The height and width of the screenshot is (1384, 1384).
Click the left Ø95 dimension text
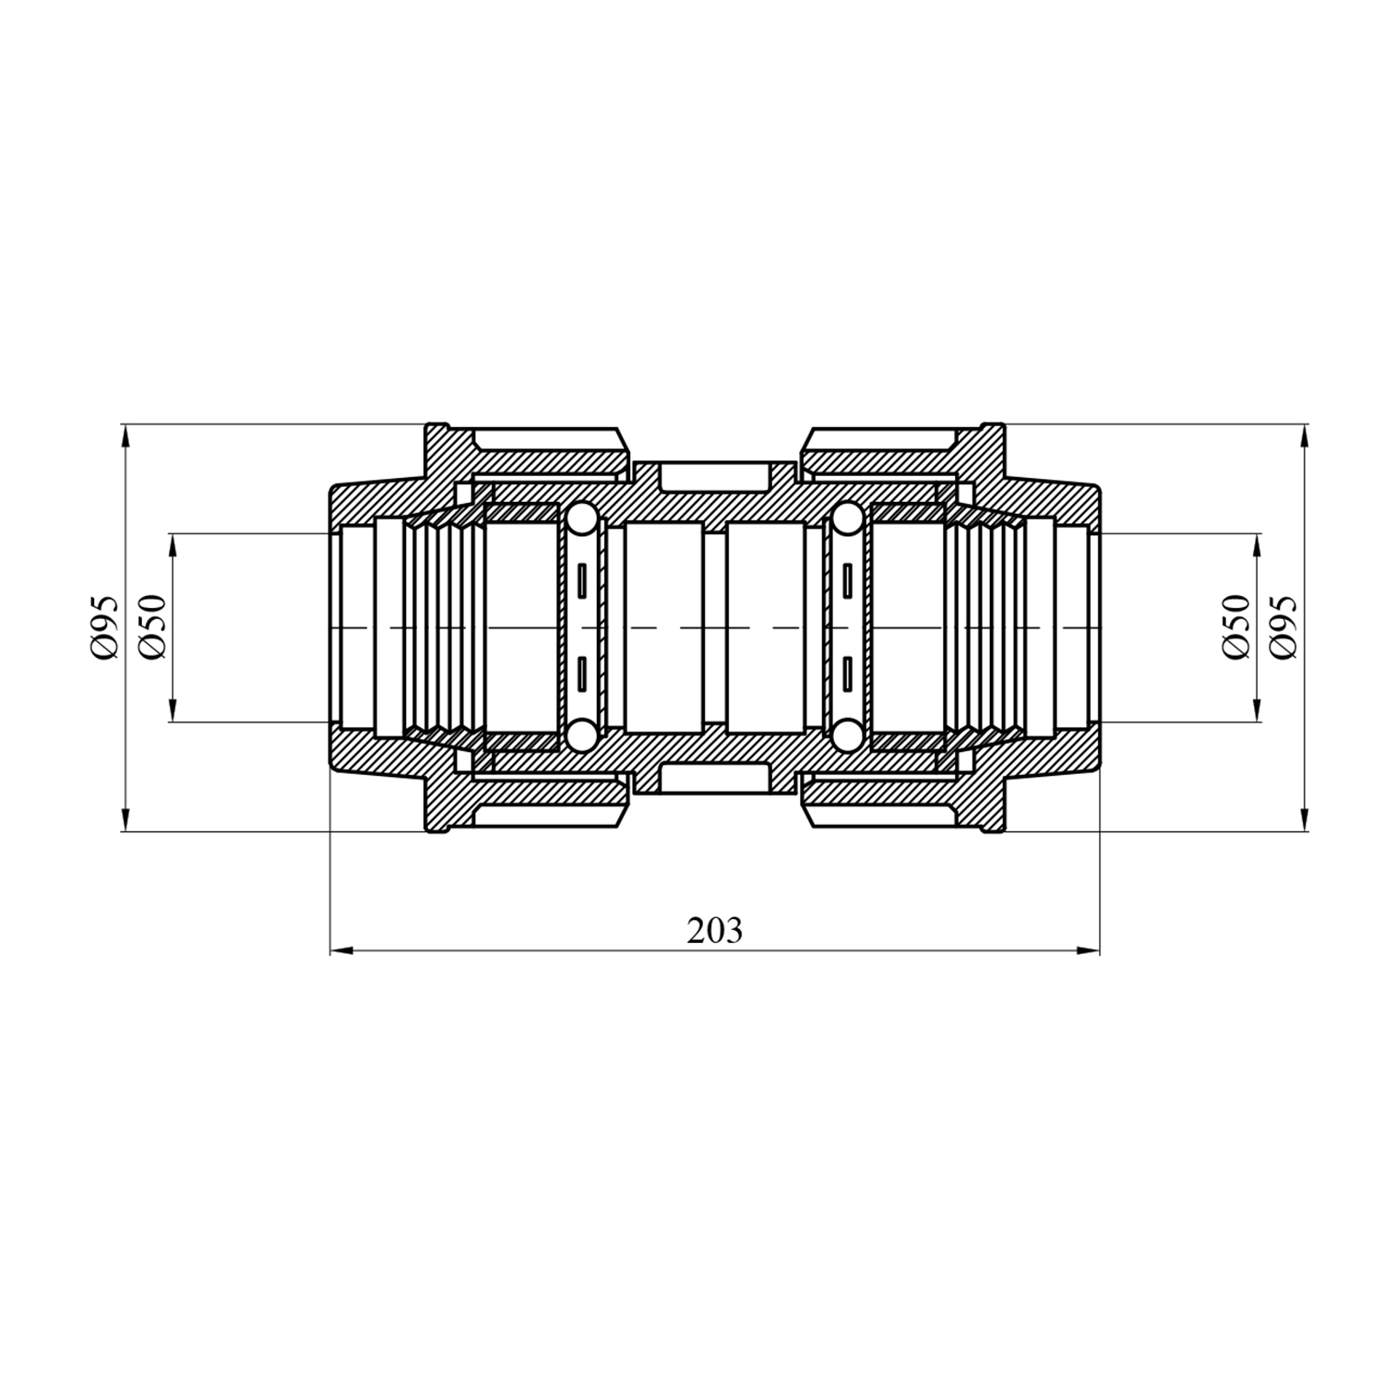click(104, 627)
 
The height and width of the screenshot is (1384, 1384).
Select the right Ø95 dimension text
click(1283, 627)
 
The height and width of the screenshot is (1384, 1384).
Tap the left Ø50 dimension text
click(152, 627)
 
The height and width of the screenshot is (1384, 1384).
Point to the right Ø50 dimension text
click(1235, 627)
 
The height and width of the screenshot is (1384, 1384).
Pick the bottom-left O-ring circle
click(581, 736)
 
